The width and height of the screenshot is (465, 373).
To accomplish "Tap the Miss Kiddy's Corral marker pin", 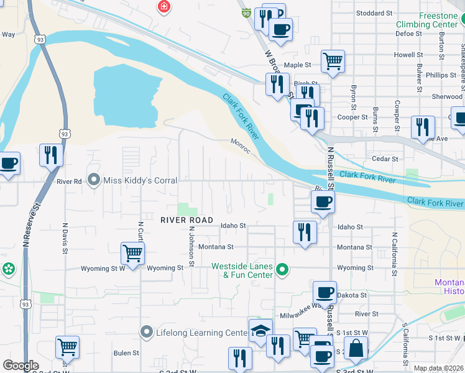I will point(94,180).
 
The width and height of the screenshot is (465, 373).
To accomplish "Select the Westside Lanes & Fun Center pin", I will point(282,270).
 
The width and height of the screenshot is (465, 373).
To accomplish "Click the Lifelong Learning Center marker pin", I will point(146,332).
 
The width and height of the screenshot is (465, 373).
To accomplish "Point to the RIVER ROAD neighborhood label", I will point(186,220).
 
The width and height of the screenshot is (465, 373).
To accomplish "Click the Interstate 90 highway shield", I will point(246,12).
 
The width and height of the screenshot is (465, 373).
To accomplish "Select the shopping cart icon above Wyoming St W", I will point(132,252).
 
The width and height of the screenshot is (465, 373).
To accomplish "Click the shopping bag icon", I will point(356,348).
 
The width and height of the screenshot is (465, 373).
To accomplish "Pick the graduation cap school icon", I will point(260,329).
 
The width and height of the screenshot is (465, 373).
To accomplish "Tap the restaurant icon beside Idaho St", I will point(305,232).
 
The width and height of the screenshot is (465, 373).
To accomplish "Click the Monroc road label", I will point(241,145).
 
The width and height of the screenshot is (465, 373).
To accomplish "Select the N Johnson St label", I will point(192,246).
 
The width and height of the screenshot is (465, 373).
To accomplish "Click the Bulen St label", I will point(126,353).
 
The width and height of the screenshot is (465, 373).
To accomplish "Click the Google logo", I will point(21,366).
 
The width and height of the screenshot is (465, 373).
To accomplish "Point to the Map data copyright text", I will point(438,368).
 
